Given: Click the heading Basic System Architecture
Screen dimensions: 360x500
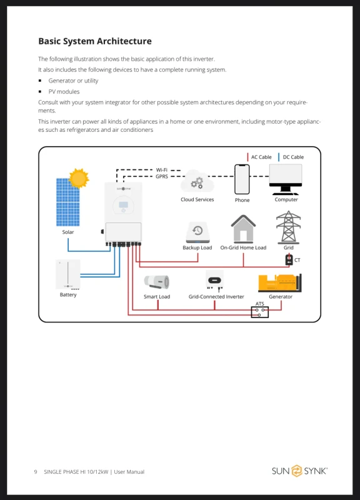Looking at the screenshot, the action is click(95, 41).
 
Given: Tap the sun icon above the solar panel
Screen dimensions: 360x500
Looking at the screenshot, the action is click(79, 178).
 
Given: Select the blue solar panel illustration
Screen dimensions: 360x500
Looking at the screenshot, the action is click(68, 202).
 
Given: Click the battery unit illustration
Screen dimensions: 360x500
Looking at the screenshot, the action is click(68, 274).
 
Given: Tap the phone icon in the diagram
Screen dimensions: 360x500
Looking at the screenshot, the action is click(242, 179).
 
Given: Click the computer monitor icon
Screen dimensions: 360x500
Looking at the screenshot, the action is click(286, 179).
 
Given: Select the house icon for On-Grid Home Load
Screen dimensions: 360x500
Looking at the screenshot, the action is click(243, 229).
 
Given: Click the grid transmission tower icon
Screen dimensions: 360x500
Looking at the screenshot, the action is click(288, 227).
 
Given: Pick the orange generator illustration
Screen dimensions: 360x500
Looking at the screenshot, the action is click(279, 283).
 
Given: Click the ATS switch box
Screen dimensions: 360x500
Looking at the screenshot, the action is click(260, 312).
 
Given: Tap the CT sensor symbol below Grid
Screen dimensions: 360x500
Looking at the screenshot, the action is click(289, 259).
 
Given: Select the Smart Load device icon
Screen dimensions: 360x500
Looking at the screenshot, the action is click(157, 282).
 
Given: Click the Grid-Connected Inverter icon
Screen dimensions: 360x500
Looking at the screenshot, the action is click(214, 280).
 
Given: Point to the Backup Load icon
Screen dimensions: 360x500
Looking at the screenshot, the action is click(197, 232).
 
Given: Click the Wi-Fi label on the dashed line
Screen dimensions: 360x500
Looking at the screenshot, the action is click(162, 170).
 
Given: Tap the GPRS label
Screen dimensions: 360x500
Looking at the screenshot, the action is click(162, 176).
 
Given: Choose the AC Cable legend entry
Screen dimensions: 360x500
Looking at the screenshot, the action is click(259, 157).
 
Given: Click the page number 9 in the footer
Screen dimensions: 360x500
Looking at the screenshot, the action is click(36, 472).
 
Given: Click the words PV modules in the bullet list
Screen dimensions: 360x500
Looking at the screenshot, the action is click(64, 91).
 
